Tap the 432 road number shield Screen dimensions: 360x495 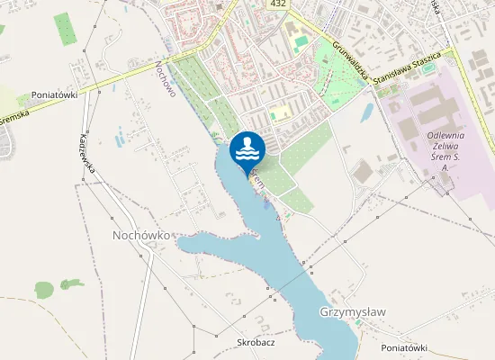(278, 5)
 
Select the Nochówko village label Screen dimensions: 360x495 (142, 235)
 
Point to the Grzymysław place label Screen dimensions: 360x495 (352, 312)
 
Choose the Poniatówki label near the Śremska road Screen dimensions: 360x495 (55, 94)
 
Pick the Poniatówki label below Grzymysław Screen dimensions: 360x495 (402, 347)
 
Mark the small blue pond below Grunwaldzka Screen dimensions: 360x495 (367, 113)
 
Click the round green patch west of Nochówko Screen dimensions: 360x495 (44, 290)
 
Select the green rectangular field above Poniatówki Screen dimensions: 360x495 (66, 29)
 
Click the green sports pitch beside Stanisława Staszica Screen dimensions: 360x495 (428, 67)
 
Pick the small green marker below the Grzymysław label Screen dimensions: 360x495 (359, 326)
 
